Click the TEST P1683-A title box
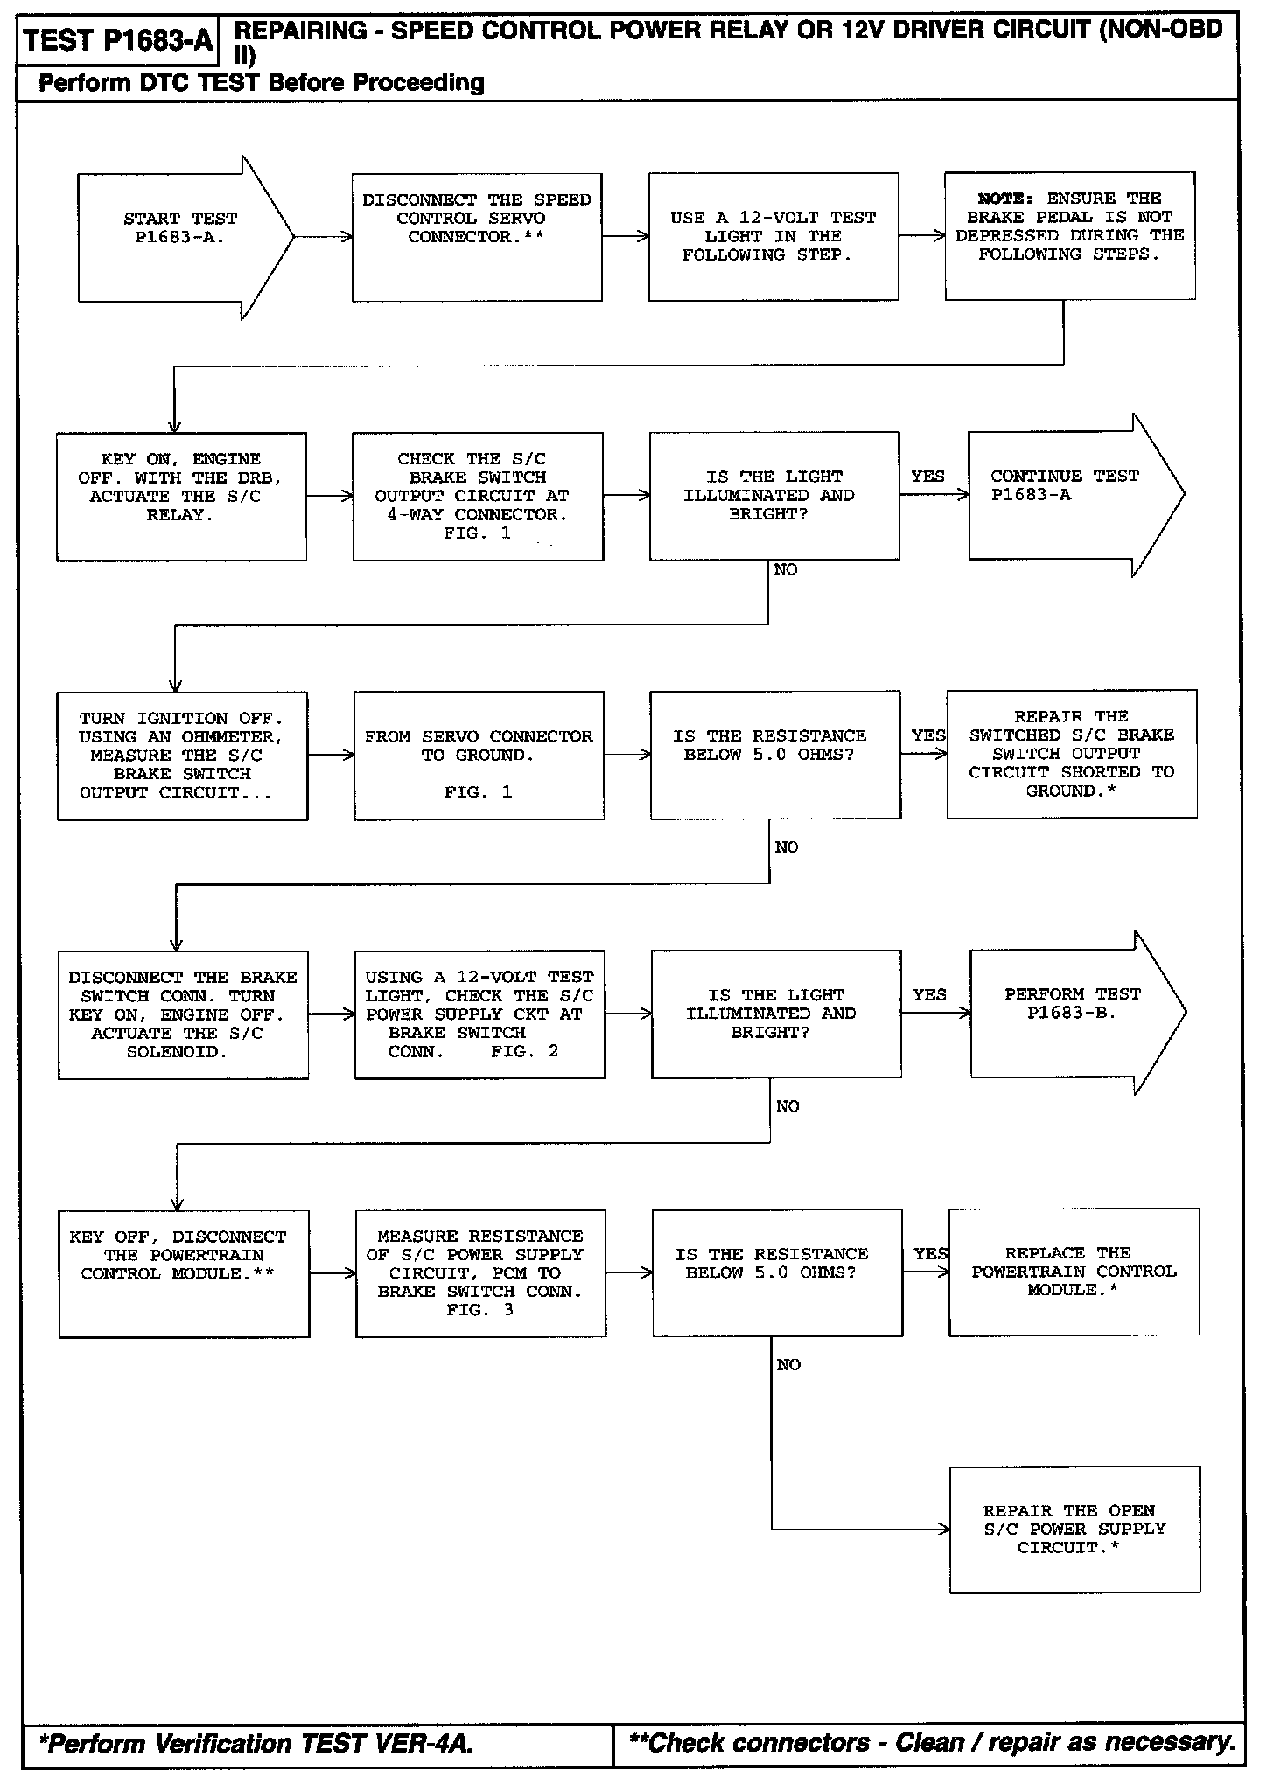[x=118, y=41]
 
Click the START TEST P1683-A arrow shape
[x=179, y=237]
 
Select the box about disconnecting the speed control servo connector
[x=477, y=237]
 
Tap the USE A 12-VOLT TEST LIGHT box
[x=773, y=237]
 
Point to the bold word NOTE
[x=1005, y=199]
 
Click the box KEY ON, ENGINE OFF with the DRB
[x=181, y=496]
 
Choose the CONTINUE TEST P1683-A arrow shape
[x=1067, y=495]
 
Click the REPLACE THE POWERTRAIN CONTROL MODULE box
[x=1074, y=1272]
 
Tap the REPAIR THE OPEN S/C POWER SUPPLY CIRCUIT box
[x=1074, y=1530]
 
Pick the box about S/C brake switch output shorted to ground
[x=1071, y=754]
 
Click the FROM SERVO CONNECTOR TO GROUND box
[x=479, y=756]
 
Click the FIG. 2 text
[x=524, y=1051]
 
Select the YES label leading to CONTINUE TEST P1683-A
[x=927, y=477]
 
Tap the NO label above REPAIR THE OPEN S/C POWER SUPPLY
[x=788, y=1365]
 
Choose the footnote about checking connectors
[x=931, y=1743]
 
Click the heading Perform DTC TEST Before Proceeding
[x=262, y=83]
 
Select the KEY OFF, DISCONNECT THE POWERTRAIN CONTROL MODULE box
[x=184, y=1273]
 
